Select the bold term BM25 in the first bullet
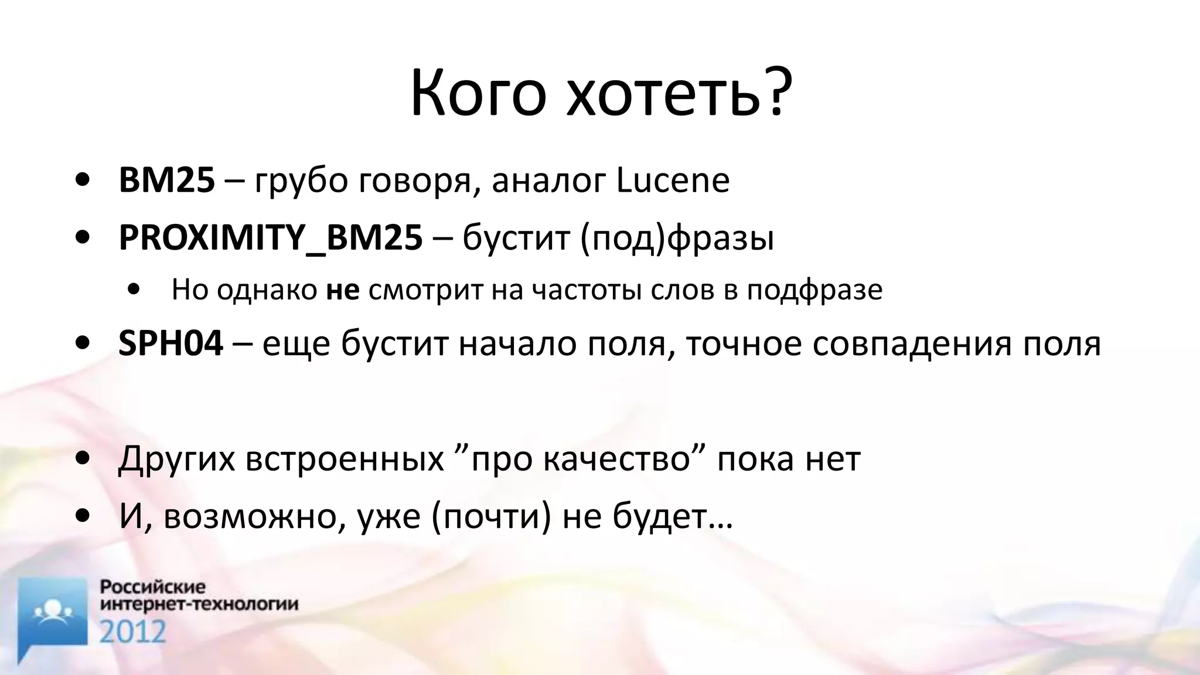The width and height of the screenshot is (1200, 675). [166, 180]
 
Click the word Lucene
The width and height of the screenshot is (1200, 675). [673, 180]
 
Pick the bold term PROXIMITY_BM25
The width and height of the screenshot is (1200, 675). [270, 238]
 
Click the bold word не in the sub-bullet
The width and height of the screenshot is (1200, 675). [343, 290]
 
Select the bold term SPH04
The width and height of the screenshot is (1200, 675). [171, 343]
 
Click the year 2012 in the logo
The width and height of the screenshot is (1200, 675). [132, 632]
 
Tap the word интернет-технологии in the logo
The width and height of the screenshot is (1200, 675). [199, 604]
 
